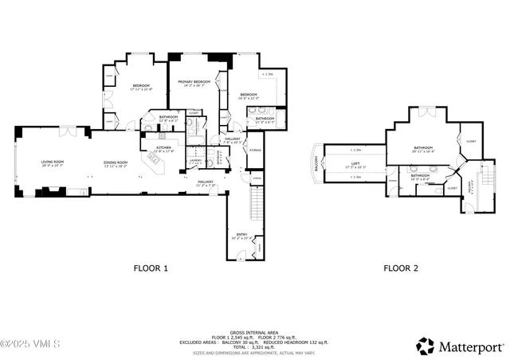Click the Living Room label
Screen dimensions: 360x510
[53, 164]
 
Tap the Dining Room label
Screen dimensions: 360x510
[116, 164]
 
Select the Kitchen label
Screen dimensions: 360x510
[164, 148]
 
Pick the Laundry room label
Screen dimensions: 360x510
[195, 159]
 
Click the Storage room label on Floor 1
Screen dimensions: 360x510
[255, 150]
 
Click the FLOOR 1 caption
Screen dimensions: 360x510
[150, 268]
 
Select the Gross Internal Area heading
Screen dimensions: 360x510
[254, 332]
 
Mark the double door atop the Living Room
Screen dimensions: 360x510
[69, 130]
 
